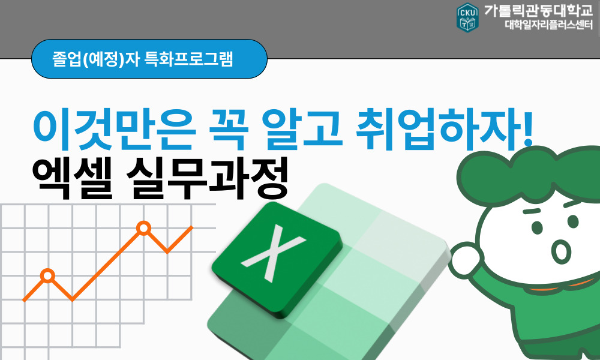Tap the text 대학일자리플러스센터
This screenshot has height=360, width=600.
(x=548, y=26)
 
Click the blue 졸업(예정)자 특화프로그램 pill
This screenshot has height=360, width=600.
(x=149, y=59)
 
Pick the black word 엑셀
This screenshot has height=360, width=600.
(x=67, y=177)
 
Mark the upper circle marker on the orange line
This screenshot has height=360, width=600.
(x=143, y=228)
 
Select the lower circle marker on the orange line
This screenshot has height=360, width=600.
(x=47, y=276)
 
